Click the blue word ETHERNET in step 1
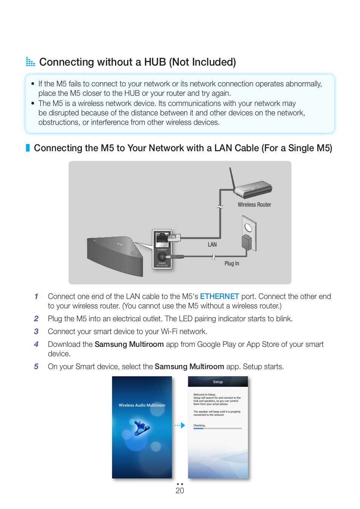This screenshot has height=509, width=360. pos(219,296)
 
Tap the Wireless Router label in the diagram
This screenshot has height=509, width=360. pos(254,205)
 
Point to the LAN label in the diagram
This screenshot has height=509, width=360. pos(212,245)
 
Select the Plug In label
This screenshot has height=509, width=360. pos(232,264)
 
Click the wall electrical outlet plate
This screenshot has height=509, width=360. pos(249,232)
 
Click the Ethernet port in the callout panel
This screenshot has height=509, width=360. pos(162,238)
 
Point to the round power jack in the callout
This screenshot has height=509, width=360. pos(162,256)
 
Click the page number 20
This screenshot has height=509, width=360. pos(180,491)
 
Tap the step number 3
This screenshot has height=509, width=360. pos(36,331)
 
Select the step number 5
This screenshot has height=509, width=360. pos(36,366)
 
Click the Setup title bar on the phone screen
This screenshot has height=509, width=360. pos(218,382)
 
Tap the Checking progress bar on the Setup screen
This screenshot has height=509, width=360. pos(217,428)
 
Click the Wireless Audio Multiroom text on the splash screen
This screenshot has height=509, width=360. pos(142,405)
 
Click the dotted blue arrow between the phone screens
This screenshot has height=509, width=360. pos(180,425)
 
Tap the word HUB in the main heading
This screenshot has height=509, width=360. pos(155,62)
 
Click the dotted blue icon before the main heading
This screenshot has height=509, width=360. pos(30,62)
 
